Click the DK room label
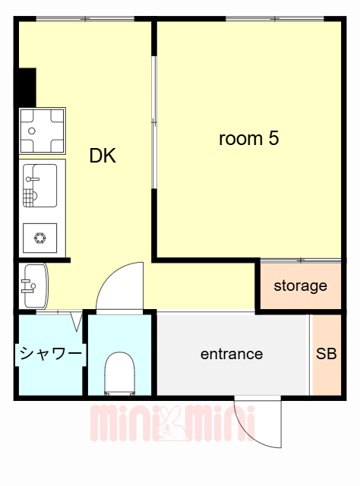pos(103,156)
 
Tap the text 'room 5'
pos(249,139)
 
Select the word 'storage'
pos(300,286)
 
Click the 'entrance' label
pos(232,354)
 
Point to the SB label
pos(327,354)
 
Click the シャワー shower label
pos(50,354)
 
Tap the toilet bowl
pos(120,372)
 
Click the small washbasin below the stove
pos(34,285)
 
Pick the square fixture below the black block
pos(42,131)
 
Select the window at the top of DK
pos(85,18)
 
